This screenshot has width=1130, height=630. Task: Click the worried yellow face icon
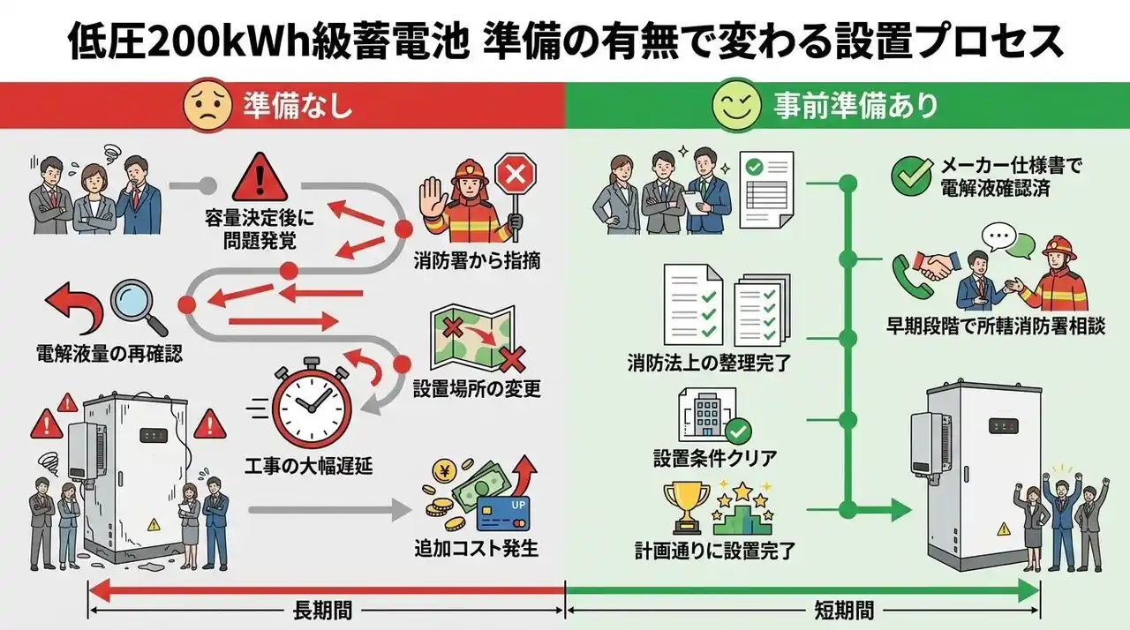[x=207, y=108]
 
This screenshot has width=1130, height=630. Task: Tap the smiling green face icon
[x=736, y=105]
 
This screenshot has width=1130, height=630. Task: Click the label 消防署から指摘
[x=477, y=261]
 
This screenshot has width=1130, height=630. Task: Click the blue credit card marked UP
[x=503, y=513]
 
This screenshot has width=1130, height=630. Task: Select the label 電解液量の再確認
[x=109, y=354]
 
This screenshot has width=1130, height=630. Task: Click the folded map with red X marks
[x=473, y=338]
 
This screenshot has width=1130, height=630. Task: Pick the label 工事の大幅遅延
[x=309, y=467]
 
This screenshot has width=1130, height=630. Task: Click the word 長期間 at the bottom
[x=322, y=611]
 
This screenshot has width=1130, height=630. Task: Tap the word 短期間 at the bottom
[x=844, y=611]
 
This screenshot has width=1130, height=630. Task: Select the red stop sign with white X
[x=515, y=175]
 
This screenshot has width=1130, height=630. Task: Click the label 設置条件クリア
[x=715, y=459]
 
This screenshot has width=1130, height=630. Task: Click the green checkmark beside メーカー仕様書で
[x=912, y=176]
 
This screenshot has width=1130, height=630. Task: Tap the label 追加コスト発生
[x=476, y=548]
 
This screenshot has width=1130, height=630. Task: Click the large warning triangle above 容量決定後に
[x=260, y=176]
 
